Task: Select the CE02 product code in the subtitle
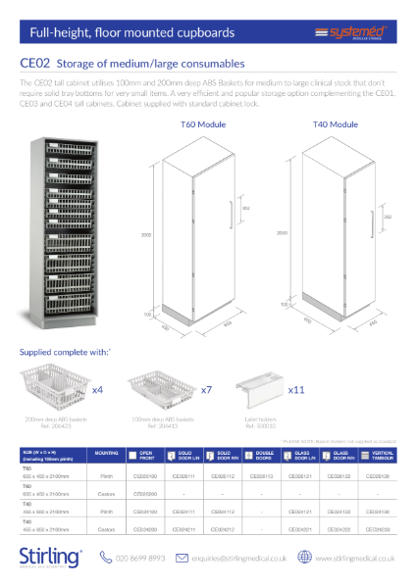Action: [35, 65]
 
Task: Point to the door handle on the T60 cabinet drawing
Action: [231, 211]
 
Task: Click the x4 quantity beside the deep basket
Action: [98, 389]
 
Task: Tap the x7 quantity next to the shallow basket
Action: [207, 389]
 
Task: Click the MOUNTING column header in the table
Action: [107, 455]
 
